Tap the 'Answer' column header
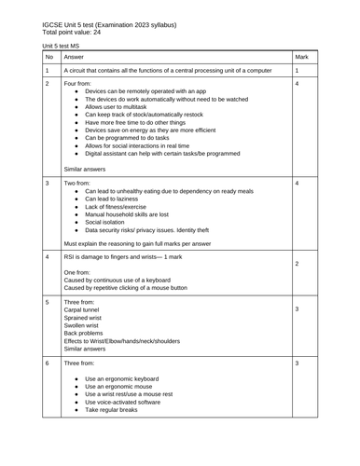point(74,57)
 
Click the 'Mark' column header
point(301,57)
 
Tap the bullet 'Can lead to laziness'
point(113,199)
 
